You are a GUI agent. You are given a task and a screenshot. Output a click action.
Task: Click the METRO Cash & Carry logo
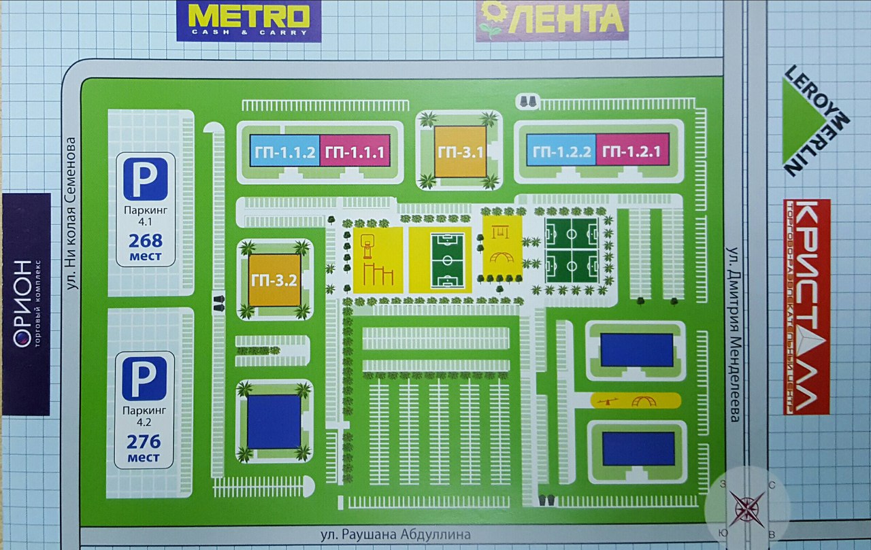click(248, 20)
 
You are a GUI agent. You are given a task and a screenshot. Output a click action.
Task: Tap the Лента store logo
click(552, 20)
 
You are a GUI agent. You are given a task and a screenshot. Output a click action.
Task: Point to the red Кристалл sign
click(806, 307)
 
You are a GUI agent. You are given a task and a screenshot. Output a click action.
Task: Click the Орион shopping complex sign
click(25, 304)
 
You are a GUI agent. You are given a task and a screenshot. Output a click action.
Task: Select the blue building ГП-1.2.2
click(561, 151)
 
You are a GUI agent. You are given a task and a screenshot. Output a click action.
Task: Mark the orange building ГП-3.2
click(275, 279)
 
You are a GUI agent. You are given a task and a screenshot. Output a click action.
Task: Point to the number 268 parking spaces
click(144, 241)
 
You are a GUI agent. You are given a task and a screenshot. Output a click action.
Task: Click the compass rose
click(746, 508)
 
